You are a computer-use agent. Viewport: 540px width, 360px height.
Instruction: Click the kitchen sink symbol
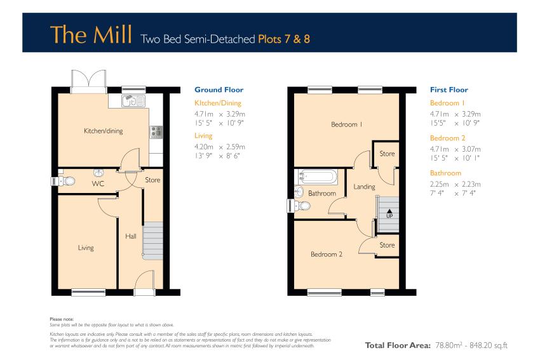pyautogui.click(x=133, y=101)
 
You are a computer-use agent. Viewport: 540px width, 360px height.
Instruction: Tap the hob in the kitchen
pyautogui.click(x=156, y=132)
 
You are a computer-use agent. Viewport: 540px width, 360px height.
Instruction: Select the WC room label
pyautogui.click(x=98, y=183)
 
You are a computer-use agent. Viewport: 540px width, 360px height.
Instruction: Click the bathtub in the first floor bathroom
pyautogui.click(x=316, y=177)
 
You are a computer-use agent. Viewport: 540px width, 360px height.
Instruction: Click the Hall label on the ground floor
pyautogui.click(x=130, y=236)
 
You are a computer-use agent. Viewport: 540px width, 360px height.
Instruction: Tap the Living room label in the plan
pyautogui.click(x=86, y=248)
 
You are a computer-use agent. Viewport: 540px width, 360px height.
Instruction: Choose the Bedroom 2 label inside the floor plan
pyautogui.click(x=327, y=255)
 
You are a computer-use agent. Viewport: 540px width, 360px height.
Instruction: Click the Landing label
pyautogui.click(x=364, y=187)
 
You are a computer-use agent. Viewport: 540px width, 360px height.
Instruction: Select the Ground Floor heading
pyautogui.click(x=219, y=90)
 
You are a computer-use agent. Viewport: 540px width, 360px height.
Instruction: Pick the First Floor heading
pyautogui.click(x=449, y=90)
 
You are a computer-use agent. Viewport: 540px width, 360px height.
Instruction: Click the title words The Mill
pyautogui.click(x=91, y=34)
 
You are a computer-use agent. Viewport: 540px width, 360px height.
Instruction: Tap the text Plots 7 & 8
pyautogui.click(x=284, y=39)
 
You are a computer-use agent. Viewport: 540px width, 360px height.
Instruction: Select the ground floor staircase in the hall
pyautogui.click(x=152, y=241)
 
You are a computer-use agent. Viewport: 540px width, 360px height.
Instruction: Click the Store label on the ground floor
pyautogui.click(x=152, y=180)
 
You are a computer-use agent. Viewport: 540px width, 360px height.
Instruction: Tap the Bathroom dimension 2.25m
pyautogui.click(x=440, y=184)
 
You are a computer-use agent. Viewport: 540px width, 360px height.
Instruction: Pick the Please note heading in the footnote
pyautogui.click(x=62, y=319)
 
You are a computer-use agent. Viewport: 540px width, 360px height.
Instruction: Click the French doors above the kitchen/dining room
pyautogui.click(x=88, y=81)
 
